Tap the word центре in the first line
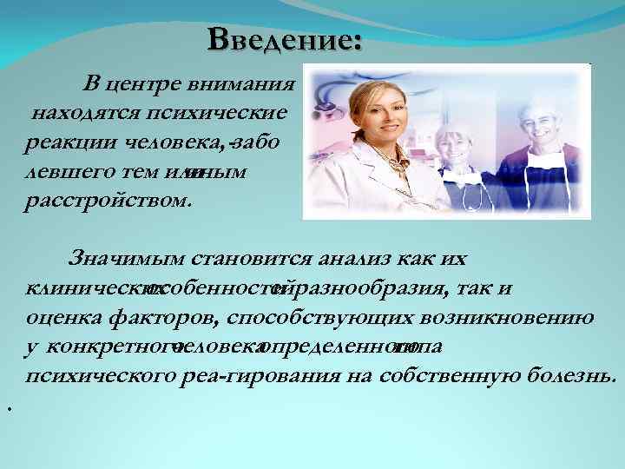(145, 84)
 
